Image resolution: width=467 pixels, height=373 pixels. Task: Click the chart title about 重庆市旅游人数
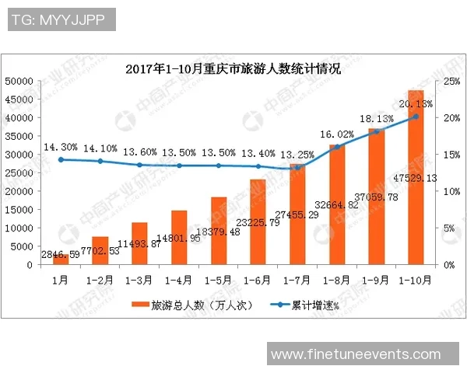click(x=233, y=68)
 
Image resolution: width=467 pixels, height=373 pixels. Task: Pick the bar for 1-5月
click(x=219, y=231)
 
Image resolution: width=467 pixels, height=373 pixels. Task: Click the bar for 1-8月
click(x=336, y=204)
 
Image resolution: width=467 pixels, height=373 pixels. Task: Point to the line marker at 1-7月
click(x=297, y=168)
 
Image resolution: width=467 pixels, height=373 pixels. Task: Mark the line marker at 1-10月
click(x=416, y=117)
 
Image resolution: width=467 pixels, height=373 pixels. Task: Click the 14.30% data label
click(x=60, y=147)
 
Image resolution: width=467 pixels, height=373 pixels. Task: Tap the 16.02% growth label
click(x=336, y=134)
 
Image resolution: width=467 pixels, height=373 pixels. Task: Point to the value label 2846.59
click(x=59, y=254)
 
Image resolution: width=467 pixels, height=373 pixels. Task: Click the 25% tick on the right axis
click(x=450, y=81)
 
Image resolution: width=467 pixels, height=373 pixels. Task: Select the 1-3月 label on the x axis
click(x=139, y=278)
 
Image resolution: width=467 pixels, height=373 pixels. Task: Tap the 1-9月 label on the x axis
click(x=376, y=278)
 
